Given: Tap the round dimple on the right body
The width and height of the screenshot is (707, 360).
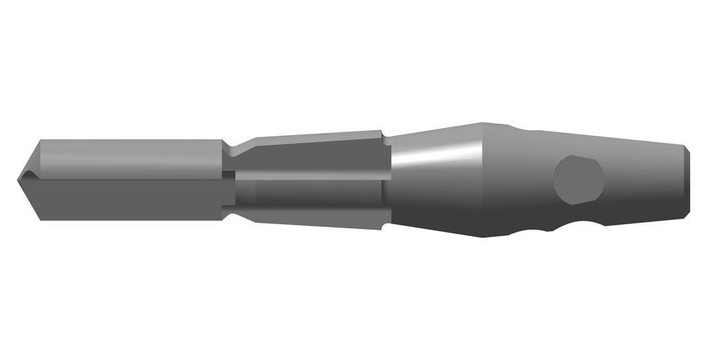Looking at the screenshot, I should coord(579,180).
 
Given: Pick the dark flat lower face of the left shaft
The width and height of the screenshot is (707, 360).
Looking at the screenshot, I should coord(127,195).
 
